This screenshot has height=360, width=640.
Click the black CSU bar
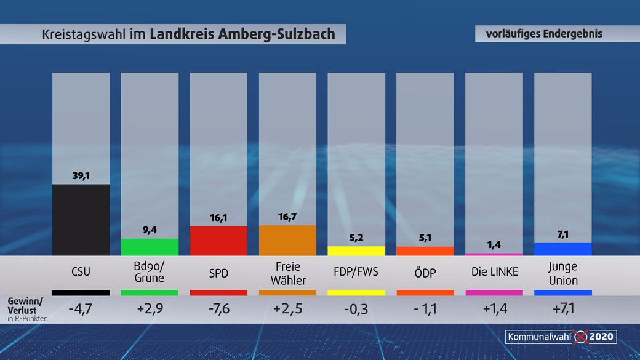81,220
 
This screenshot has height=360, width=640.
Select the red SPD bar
218,241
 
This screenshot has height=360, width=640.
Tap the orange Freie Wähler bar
287,240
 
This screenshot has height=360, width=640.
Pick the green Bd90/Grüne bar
150,247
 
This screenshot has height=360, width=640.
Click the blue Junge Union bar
562,249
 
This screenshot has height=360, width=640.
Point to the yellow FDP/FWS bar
356,251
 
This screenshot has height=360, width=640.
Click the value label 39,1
81,176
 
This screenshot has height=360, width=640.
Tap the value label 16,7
287,217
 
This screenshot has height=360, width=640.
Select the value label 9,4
150,230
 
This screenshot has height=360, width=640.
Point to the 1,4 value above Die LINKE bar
494,245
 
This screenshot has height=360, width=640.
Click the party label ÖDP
425,273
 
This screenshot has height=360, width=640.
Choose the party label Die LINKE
494,272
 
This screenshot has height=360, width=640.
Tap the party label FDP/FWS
356,273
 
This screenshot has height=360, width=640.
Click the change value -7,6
218,308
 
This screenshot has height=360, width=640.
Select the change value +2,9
150,308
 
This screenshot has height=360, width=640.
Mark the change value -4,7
81,308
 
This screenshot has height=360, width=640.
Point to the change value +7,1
562,308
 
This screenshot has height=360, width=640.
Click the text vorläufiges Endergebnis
544,34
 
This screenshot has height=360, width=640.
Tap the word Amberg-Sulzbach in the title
277,34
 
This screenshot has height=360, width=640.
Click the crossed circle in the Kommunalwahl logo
580,337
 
